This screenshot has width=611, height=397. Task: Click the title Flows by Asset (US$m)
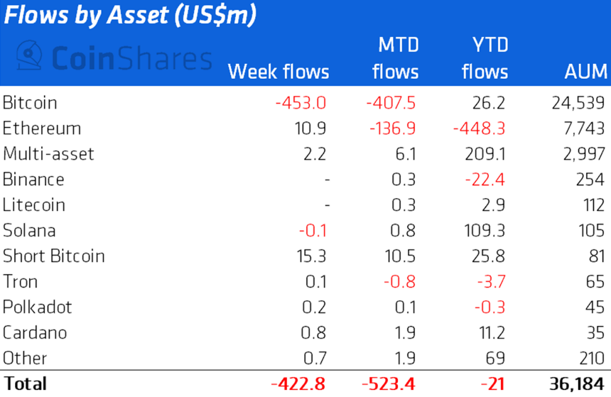130,16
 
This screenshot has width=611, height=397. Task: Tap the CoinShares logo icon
29,57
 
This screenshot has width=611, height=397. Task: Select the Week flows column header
279,72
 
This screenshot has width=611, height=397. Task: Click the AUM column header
585,72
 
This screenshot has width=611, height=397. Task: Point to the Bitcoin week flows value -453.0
300,103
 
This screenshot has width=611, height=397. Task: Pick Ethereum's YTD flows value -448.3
481,129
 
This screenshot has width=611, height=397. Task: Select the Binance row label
33,180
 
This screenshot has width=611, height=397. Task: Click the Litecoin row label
34,205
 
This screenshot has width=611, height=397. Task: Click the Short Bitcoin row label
54,256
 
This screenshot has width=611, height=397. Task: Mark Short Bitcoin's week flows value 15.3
309,256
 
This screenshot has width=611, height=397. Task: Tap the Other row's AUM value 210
591,359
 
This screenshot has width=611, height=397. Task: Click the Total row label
25,384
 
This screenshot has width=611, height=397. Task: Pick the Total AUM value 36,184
578,384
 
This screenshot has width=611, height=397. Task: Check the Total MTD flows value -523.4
389,384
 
